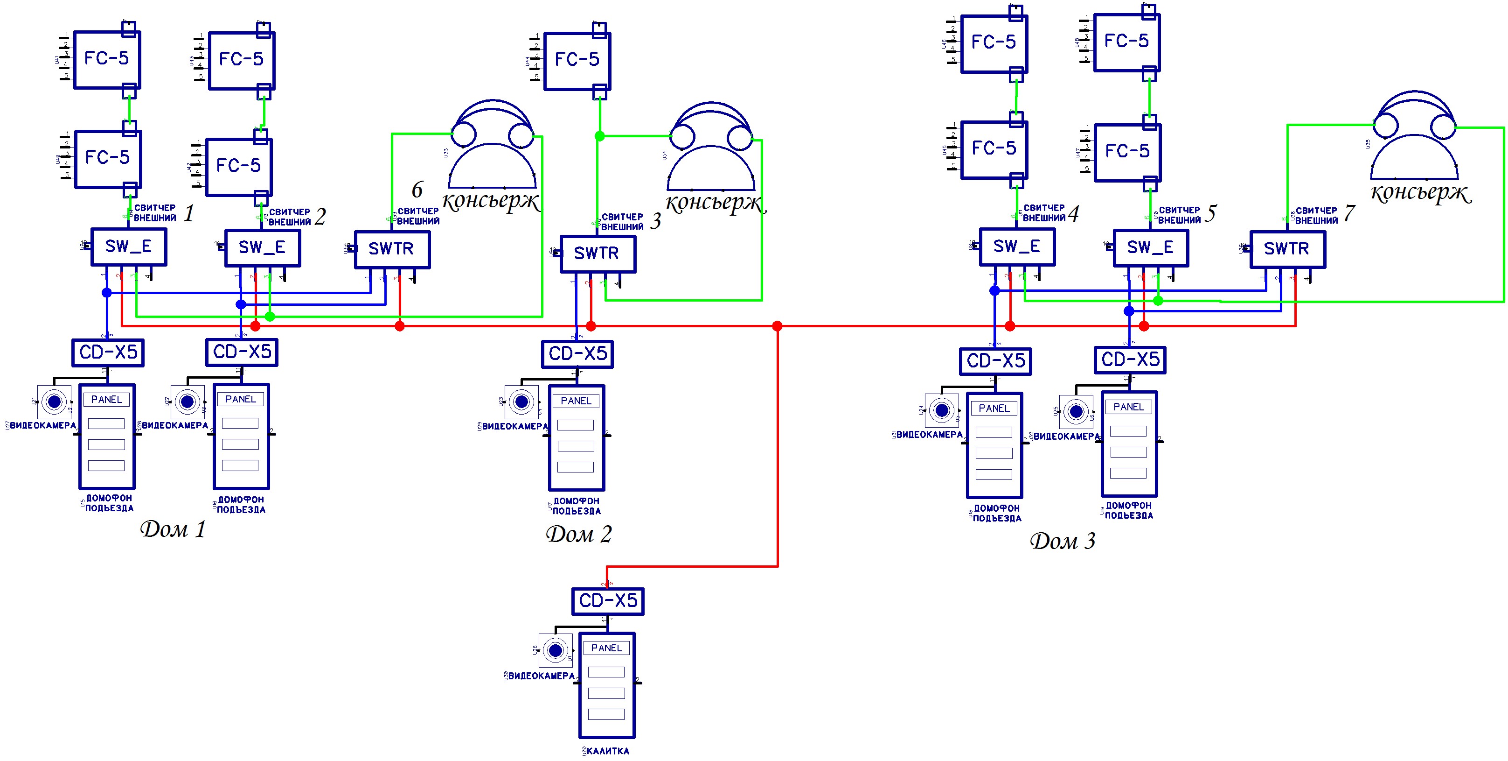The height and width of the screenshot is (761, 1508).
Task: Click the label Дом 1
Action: [173, 529]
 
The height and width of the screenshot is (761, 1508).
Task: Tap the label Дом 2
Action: [578, 534]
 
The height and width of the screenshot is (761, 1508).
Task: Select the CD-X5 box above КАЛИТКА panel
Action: [608, 601]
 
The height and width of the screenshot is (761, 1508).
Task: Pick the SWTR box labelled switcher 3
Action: [597, 254]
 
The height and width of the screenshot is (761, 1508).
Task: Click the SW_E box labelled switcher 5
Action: [1150, 248]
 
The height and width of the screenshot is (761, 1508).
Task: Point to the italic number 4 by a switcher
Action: [1073, 214]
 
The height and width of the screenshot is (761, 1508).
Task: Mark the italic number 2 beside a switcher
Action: [320, 218]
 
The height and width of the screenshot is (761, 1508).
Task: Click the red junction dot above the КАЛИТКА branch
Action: [777, 326]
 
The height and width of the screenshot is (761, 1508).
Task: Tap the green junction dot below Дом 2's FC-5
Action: [599, 136]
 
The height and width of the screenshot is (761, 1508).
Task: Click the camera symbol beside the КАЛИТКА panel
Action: [556, 650]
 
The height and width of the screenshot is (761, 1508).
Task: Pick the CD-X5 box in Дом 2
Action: [577, 354]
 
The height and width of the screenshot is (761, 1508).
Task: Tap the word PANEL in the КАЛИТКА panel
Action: [606, 648]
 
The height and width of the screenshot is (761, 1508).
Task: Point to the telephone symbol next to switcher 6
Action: [492, 147]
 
